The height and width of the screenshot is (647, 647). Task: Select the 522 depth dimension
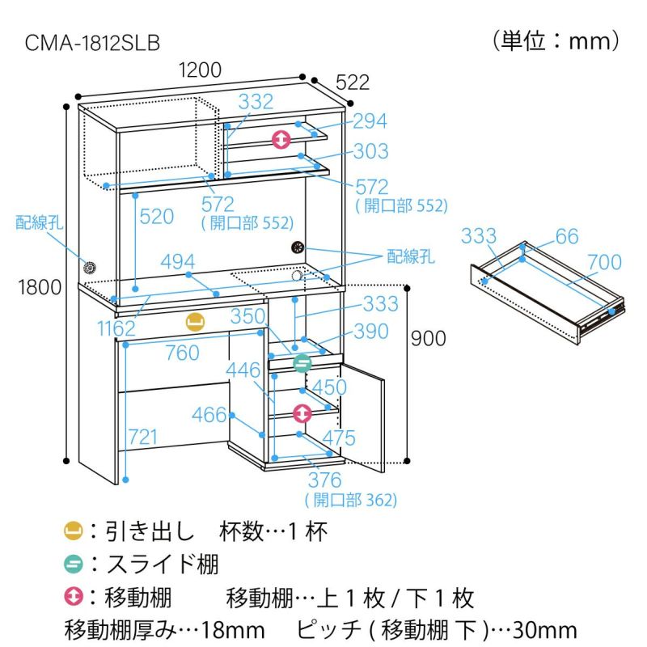pos(353,81)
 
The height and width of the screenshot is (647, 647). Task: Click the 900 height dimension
pos(428,338)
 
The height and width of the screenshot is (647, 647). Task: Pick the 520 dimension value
pos(157,216)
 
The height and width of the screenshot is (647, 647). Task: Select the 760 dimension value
pos(182,353)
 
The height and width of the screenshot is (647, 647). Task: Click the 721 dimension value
pos(142,438)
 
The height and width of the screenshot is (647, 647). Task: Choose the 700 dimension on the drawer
pos(605,262)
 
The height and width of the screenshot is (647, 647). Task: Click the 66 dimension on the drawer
pos(567,236)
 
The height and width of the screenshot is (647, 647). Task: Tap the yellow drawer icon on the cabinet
pos(194,321)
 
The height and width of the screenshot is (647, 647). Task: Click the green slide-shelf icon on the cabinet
pos(302,363)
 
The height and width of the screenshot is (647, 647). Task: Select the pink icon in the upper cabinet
pos(281,139)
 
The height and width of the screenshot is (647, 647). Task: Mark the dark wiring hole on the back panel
pos(296,247)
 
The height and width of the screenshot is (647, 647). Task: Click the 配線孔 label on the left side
pos(39,224)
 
